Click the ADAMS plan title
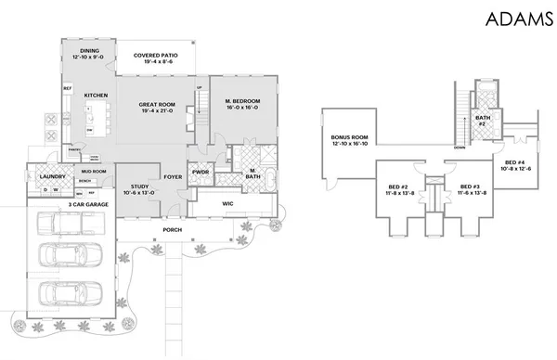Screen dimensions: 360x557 512,20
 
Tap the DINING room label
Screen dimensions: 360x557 90,51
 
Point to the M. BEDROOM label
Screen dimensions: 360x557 241,99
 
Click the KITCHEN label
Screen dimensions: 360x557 97,96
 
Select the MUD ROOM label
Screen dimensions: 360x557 93,171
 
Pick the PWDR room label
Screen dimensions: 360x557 201,172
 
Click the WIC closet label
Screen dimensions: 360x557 228,203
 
